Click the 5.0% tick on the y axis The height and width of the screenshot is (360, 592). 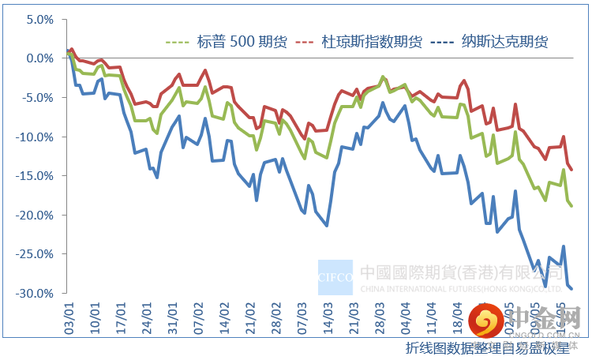pos(39,19)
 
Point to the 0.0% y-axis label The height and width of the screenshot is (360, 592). pos(39,58)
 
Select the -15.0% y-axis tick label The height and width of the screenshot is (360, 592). pos(36,176)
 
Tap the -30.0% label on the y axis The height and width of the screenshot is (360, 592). pos(36,294)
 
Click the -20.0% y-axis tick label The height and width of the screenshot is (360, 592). pos(36,215)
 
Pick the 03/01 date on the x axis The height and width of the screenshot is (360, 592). pos(70,310)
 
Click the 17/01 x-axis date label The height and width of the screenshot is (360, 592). pos(122,310)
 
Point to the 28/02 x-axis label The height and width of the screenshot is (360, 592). pos(276,310)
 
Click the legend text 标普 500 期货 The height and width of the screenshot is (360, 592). pos(242,41)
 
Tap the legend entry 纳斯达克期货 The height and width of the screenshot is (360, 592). pos(505,41)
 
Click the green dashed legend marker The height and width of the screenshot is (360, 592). pos(178,42)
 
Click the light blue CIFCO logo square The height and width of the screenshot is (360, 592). pos(335,277)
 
